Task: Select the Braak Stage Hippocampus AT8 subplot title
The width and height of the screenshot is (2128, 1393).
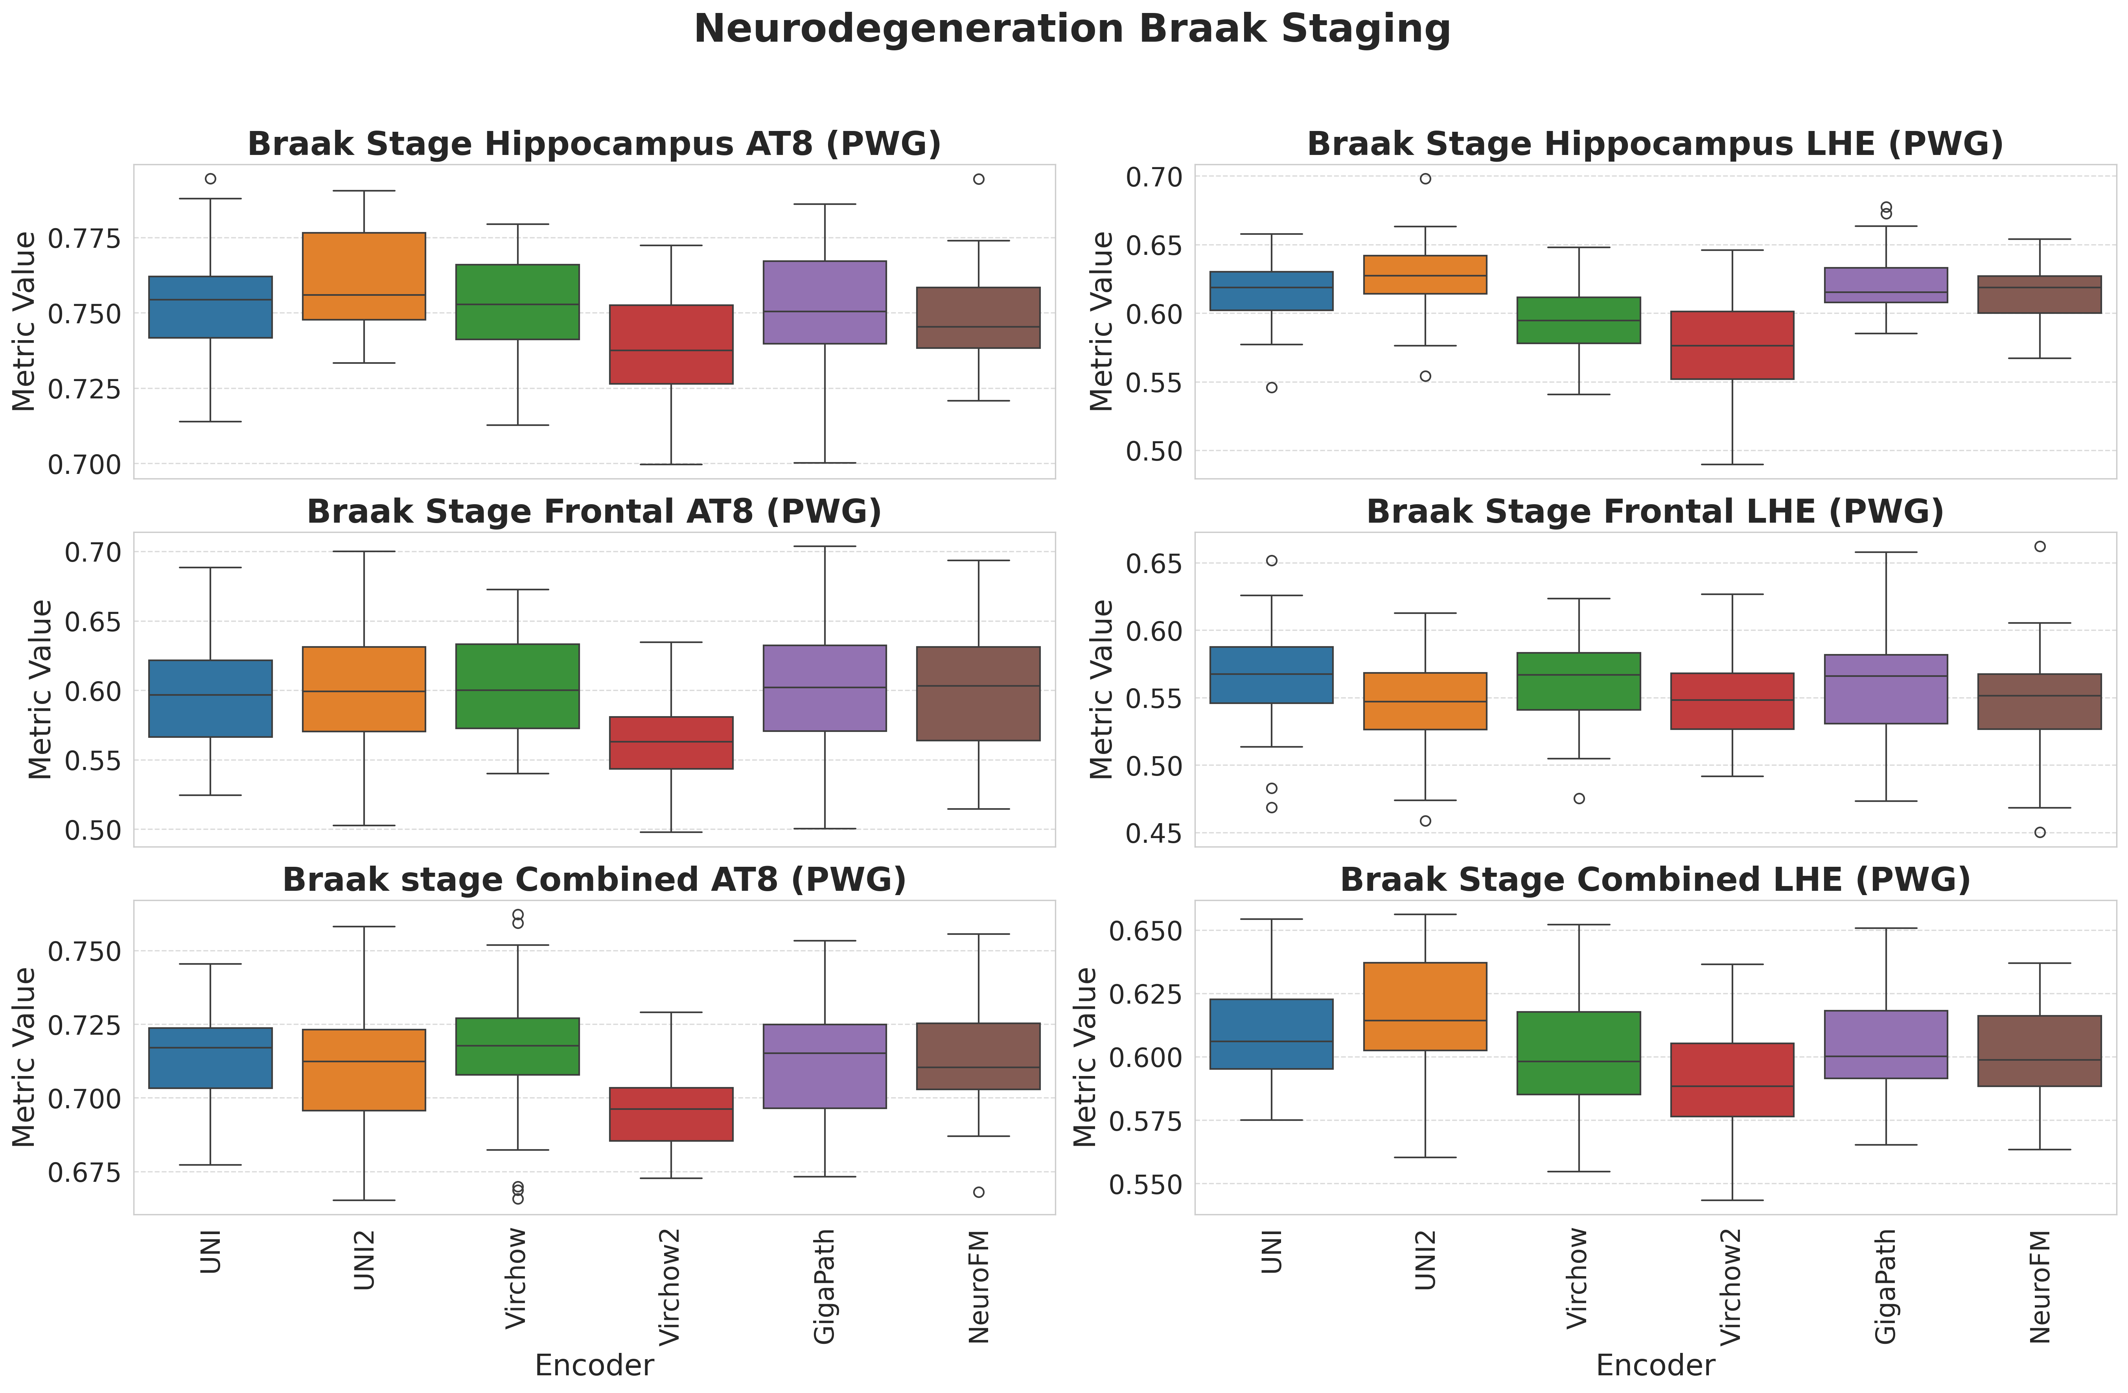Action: pyautogui.click(x=594, y=144)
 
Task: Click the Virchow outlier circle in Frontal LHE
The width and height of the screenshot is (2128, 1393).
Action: pyautogui.click(x=1579, y=798)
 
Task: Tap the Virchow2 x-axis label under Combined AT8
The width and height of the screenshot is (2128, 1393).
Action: pyautogui.click(x=670, y=1286)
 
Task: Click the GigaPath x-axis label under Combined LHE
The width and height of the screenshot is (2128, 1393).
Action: pyautogui.click(x=1886, y=1286)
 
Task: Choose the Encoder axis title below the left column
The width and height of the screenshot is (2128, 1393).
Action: pyautogui.click(x=594, y=1365)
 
